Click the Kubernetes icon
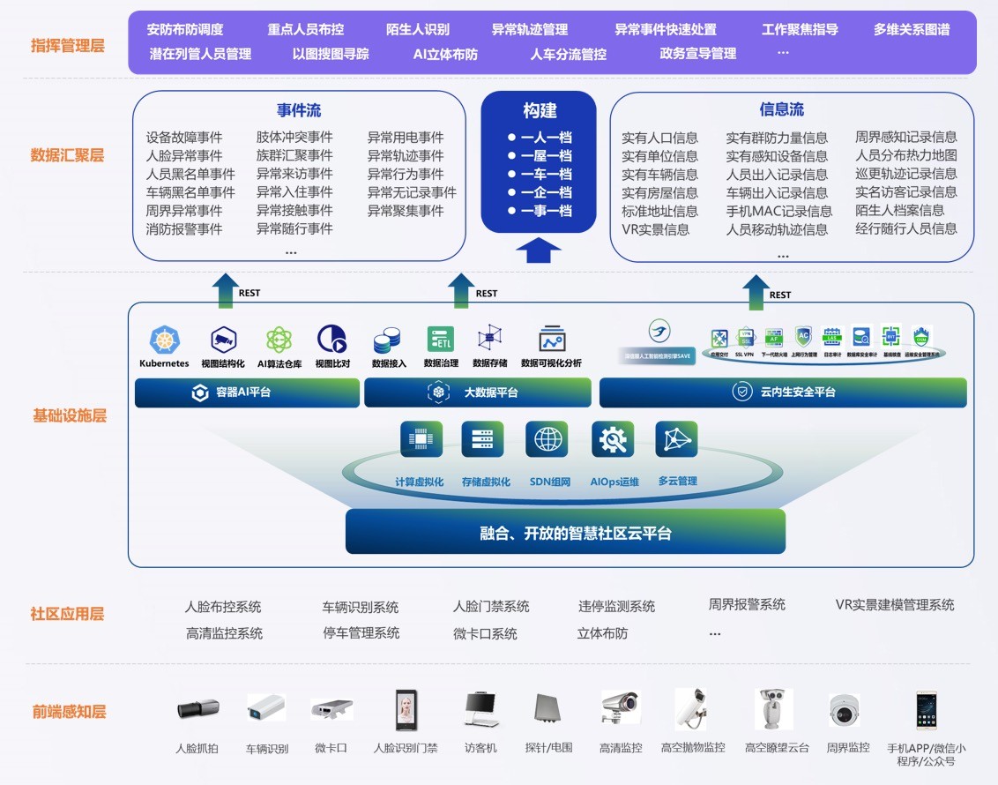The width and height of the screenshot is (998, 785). pyautogui.click(x=165, y=340)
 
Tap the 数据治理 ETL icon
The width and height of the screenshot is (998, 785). pyautogui.click(x=441, y=340)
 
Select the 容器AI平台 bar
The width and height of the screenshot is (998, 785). pyautogui.click(x=247, y=392)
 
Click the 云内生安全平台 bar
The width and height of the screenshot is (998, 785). pyautogui.click(x=783, y=392)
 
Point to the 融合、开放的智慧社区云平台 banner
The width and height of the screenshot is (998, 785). pyautogui.click(x=564, y=532)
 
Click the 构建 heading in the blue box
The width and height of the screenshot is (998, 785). pyautogui.click(x=539, y=111)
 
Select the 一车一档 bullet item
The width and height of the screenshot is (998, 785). pyautogui.click(x=540, y=174)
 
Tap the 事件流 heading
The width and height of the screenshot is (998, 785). pyautogui.click(x=299, y=110)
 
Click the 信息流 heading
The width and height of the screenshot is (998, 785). pyautogui.click(x=782, y=109)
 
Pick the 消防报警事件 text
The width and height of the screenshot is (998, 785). pyautogui.click(x=184, y=229)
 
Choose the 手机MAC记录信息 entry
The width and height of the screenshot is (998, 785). pyautogui.click(x=779, y=211)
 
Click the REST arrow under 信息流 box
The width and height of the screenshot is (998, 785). pyautogui.click(x=756, y=292)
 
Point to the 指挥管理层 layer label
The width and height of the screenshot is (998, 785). pyautogui.click(x=67, y=45)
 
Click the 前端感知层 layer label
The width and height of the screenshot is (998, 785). pyautogui.click(x=67, y=712)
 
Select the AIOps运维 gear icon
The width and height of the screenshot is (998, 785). pyautogui.click(x=612, y=439)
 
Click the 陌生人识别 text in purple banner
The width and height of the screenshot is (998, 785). pyautogui.click(x=418, y=30)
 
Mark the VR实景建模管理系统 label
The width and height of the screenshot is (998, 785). pyautogui.click(x=895, y=605)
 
